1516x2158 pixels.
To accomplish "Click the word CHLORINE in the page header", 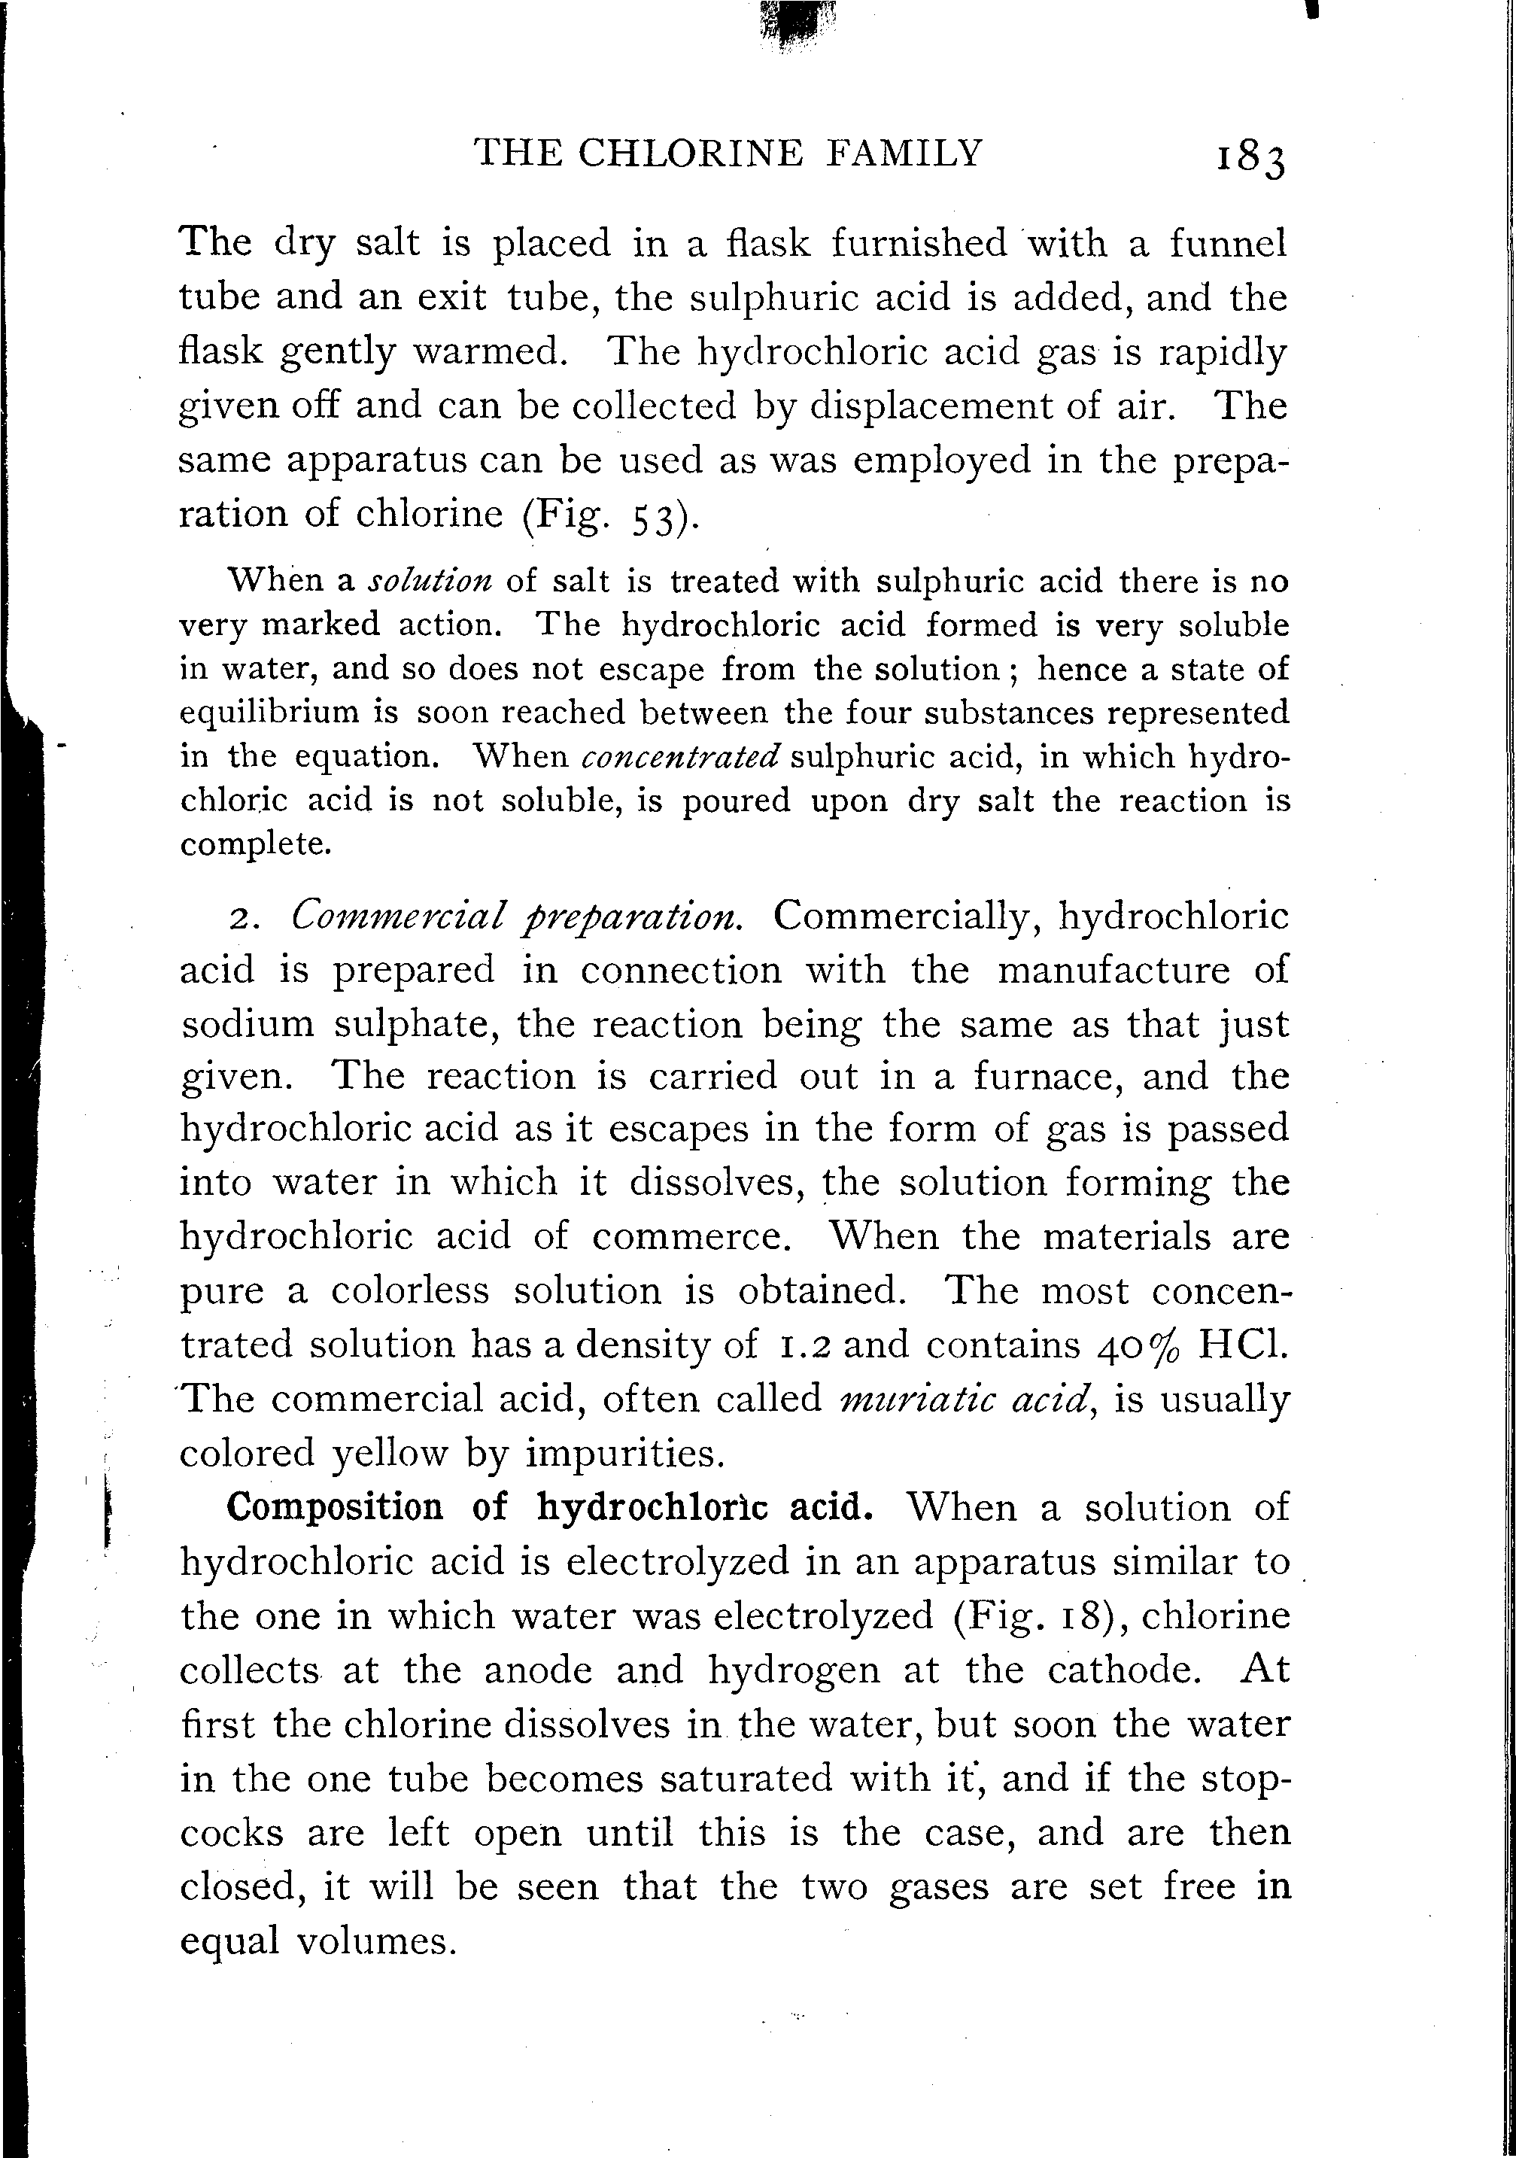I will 691,151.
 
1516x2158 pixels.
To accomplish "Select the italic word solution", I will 429,582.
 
